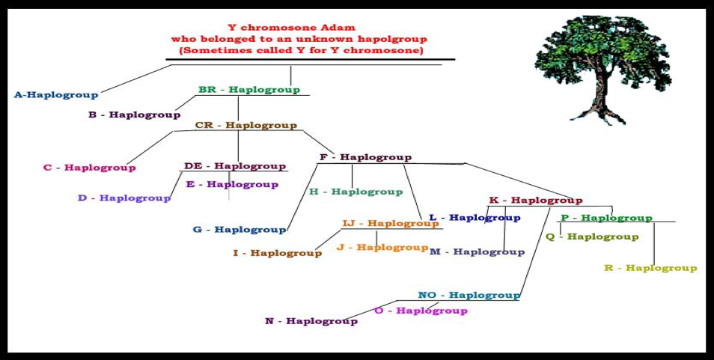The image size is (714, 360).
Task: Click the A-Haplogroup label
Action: (56, 95)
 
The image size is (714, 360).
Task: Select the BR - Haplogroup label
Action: (249, 90)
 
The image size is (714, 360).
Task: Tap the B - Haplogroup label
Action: (134, 115)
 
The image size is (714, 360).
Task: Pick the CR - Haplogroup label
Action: (246, 125)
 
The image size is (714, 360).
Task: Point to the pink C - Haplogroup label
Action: (89, 168)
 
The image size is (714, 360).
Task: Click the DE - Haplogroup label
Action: (235, 166)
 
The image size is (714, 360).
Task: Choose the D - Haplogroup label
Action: (124, 198)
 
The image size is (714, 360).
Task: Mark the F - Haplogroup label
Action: (366, 157)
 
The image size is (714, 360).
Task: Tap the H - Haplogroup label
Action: (356, 192)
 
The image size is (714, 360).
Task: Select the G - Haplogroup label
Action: (239, 229)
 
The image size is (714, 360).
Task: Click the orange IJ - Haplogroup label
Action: (385, 224)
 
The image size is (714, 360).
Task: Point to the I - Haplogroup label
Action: (278, 253)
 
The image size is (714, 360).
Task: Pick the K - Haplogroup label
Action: (536, 201)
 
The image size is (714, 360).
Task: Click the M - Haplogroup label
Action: (477, 251)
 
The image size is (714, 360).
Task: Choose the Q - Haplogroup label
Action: (592, 237)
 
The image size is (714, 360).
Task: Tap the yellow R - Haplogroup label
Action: (650, 268)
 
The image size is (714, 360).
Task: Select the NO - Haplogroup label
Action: (469, 295)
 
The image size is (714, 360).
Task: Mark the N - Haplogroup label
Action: (311, 321)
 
